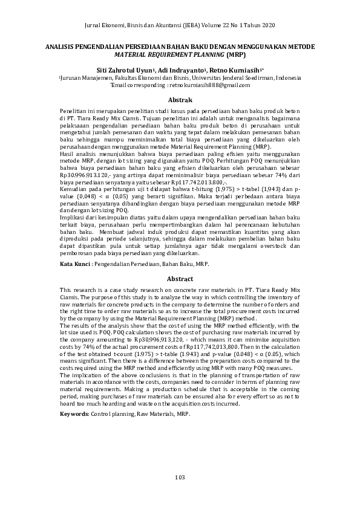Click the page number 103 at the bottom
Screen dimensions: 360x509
(179, 478)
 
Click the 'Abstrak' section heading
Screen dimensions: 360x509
(180, 100)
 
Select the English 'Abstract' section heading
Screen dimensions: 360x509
(180, 279)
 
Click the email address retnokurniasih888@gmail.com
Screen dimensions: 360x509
(200, 86)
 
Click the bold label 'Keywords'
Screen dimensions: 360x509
(74, 414)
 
